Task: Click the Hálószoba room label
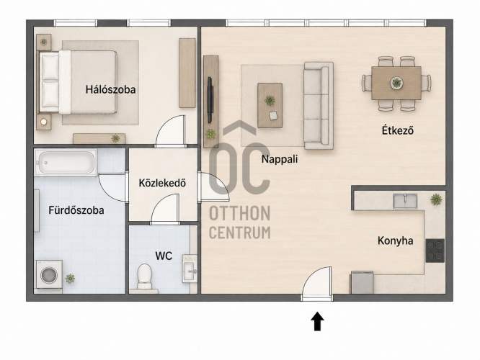(x=110, y=89)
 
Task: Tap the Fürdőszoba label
(x=76, y=210)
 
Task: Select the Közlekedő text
(x=162, y=183)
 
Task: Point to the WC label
(x=164, y=256)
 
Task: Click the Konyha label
(x=395, y=240)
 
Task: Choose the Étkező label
(x=398, y=130)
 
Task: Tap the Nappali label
(x=280, y=159)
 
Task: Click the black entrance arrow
(x=317, y=321)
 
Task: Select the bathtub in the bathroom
(x=66, y=162)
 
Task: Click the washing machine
(x=49, y=274)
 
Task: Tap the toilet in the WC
(x=144, y=276)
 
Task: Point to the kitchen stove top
(x=435, y=251)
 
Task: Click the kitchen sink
(x=405, y=201)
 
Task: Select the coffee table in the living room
(x=270, y=105)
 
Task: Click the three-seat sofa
(x=319, y=106)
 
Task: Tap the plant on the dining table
(x=396, y=83)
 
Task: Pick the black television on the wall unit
(x=210, y=100)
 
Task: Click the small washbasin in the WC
(x=190, y=269)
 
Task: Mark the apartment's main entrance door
(x=317, y=284)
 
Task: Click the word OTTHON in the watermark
(x=239, y=213)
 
